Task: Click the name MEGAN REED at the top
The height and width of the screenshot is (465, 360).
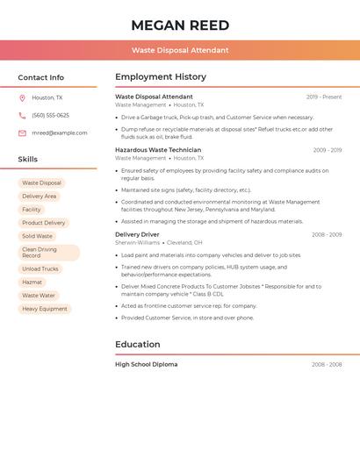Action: [x=180, y=25]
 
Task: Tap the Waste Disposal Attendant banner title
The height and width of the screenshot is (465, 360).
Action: [x=180, y=50]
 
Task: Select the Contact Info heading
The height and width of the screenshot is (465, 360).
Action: [x=41, y=77]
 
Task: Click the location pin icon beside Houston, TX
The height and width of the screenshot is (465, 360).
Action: [x=22, y=98]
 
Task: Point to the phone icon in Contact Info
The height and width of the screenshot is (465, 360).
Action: [x=22, y=116]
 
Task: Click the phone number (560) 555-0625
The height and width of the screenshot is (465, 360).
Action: [x=50, y=116]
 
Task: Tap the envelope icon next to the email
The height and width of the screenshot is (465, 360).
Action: [x=22, y=133]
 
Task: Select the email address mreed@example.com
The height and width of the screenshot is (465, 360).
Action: [x=60, y=133]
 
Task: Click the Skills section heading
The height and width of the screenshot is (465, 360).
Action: [x=28, y=159]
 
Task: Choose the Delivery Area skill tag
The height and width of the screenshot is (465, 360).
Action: [x=39, y=197]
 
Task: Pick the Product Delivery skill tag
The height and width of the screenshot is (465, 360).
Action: [x=43, y=223]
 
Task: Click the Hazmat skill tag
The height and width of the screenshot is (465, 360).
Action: [x=32, y=283]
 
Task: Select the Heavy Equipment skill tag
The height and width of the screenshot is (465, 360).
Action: [x=45, y=309]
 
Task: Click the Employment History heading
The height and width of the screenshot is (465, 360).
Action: [x=161, y=77]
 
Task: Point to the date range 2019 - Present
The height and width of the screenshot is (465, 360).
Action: [x=324, y=97]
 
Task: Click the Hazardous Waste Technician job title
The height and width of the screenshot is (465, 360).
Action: [x=158, y=150]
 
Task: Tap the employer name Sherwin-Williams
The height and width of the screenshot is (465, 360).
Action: [x=138, y=242]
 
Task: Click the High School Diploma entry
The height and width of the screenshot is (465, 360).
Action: [x=146, y=364]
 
